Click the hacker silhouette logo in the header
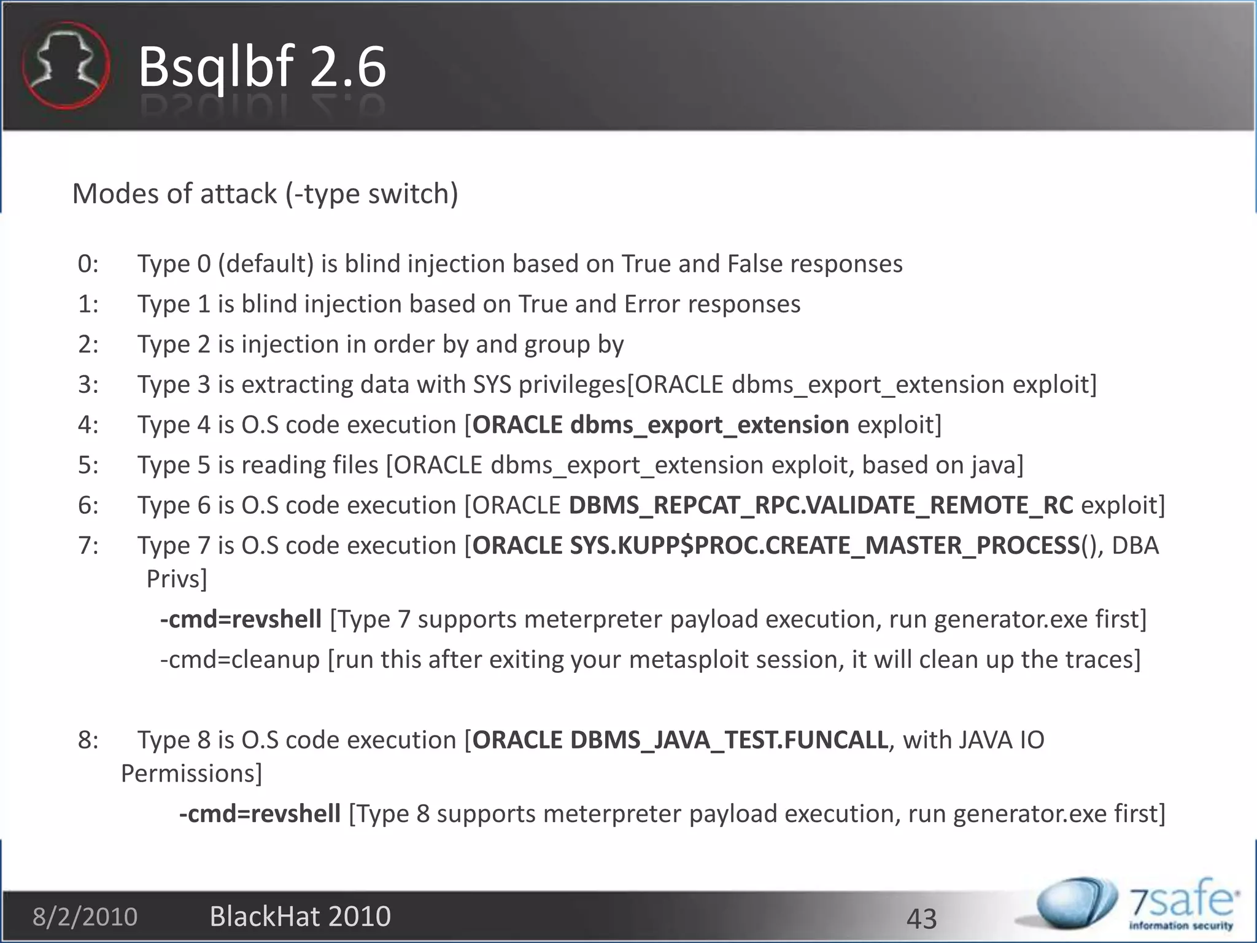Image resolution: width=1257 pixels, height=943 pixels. click(66, 65)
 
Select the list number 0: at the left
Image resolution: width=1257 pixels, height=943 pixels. click(88, 264)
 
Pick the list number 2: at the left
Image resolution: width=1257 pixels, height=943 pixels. click(88, 344)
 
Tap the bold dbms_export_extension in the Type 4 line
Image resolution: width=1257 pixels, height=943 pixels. click(710, 425)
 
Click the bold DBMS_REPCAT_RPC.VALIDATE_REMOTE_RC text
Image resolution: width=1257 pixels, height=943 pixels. click(821, 505)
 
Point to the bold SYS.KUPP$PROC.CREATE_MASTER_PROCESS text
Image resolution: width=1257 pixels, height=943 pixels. click(824, 546)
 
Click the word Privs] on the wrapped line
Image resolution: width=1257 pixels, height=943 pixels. click(177, 579)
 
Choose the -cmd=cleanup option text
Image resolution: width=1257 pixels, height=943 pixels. click(240, 660)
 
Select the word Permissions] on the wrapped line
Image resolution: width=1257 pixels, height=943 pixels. click(191, 774)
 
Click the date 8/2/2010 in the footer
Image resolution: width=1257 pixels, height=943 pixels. click(85, 917)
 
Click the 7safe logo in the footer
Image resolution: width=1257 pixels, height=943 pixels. click(1135, 906)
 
